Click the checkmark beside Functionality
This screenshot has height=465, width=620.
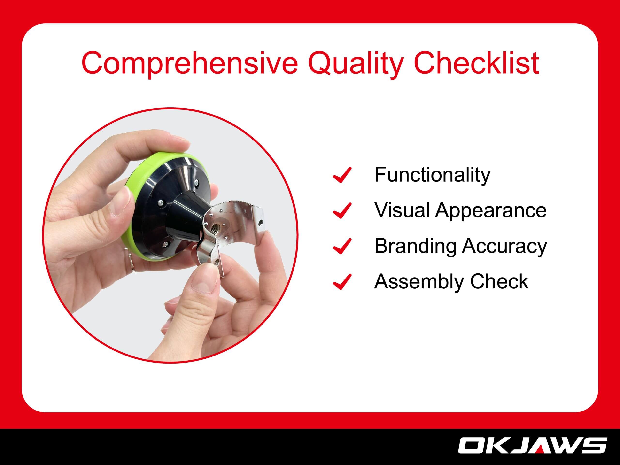pos(342,175)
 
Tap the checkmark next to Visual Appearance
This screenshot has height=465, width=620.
pos(342,210)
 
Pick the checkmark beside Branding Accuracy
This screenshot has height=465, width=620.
pos(342,246)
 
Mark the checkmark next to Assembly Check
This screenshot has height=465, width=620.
pos(342,281)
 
